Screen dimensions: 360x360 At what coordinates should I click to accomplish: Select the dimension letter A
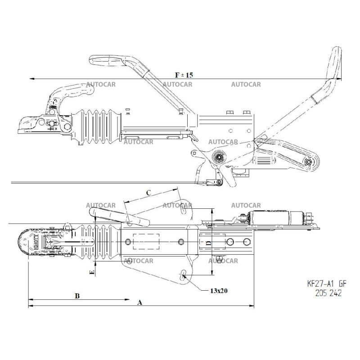pos(139,303)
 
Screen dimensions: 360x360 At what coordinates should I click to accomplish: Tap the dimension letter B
pos(77,296)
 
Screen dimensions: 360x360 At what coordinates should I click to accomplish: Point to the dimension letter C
pos(148,192)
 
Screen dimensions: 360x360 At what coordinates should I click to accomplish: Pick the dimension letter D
pos(207,243)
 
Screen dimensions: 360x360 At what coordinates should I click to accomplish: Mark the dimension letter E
pos(92,272)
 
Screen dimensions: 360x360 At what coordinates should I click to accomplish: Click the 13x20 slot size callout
pos(219,291)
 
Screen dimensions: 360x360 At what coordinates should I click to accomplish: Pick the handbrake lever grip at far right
pos(335,61)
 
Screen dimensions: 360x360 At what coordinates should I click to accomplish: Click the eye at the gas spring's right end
pos(309,162)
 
